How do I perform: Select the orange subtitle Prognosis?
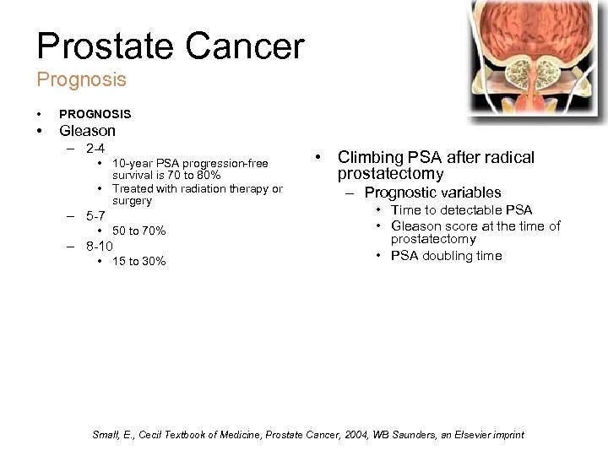[81, 80]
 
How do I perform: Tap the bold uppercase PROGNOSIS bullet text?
[95, 114]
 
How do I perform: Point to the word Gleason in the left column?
[87, 131]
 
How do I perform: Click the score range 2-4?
[95, 149]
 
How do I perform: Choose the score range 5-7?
[95, 216]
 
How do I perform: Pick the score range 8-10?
[99, 247]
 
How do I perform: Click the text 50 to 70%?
[139, 231]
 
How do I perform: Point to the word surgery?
[132, 201]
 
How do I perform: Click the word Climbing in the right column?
[372, 157]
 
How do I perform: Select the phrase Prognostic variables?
[432, 193]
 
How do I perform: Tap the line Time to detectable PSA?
[461, 210]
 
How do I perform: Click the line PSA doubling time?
[446, 256]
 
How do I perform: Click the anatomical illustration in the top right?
[537, 59]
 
